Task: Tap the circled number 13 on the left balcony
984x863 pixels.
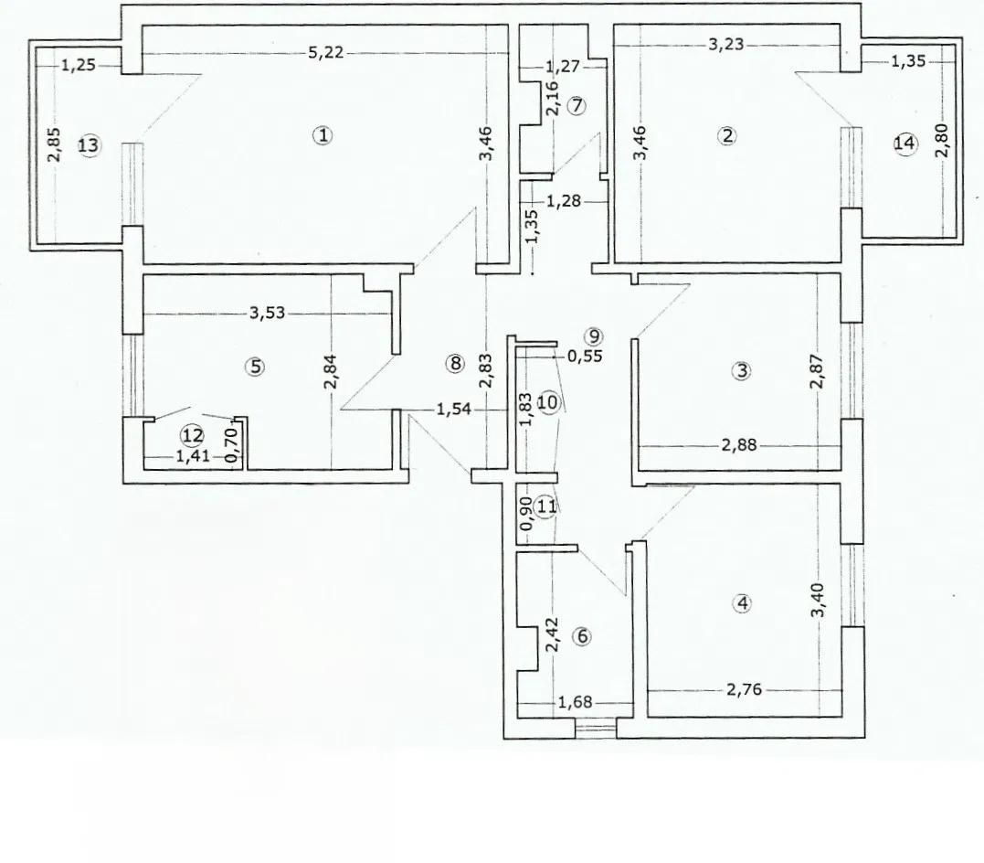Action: (x=89, y=146)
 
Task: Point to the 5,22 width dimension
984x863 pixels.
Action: (x=326, y=53)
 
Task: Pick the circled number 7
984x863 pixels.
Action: (x=576, y=104)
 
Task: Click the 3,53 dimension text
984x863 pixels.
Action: (x=268, y=313)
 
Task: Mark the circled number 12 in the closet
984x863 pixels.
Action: (x=190, y=437)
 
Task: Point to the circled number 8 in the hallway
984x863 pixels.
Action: (x=455, y=363)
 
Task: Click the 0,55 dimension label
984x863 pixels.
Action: (x=585, y=357)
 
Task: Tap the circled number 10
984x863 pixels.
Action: (x=547, y=403)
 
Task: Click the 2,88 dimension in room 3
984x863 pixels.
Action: (x=738, y=448)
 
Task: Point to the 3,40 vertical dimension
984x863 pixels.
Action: (x=820, y=600)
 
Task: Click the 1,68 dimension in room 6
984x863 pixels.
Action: (x=574, y=703)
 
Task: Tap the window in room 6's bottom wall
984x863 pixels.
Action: (x=596, y=728)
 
